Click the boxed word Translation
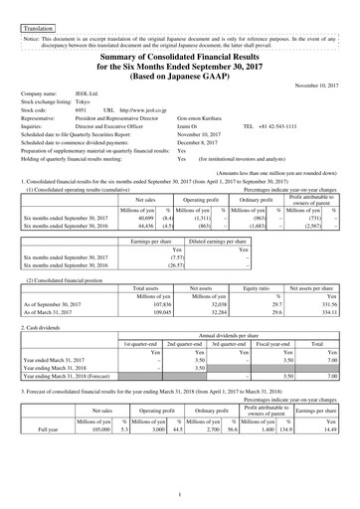tap(37, 17)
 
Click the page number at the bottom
tap(180, 493)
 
